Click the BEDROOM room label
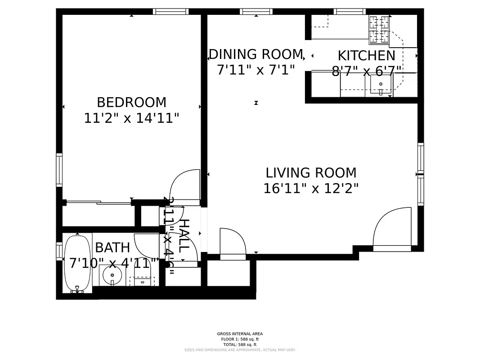click(131, 102)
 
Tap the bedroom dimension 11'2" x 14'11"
click(131, 118)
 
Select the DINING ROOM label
click(256, 54)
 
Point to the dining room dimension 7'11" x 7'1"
click(256, 70)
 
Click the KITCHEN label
click(366, 56)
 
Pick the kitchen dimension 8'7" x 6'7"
click(366, 72)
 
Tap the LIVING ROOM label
click(311, 173)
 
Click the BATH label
click(112, 247)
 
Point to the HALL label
click(184, 235)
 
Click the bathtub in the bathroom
click(77, 263)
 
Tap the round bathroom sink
click(112, 275)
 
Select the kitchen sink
click(381, 84)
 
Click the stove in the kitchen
click(379, 29)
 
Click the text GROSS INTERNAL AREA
click(240, 334)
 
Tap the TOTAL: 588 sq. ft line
click(240, 344)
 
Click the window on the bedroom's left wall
click(59, 170)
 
